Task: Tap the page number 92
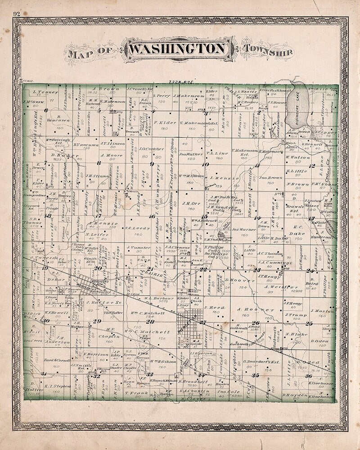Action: tap(17, 13)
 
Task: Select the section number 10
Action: tap(205, 165)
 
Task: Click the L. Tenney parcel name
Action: tap(44, 92)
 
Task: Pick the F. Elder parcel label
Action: tap(162, 122)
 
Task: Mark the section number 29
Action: tap(97, 321)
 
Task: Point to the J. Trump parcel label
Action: tap(295, 315)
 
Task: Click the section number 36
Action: tap(309, 376)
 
